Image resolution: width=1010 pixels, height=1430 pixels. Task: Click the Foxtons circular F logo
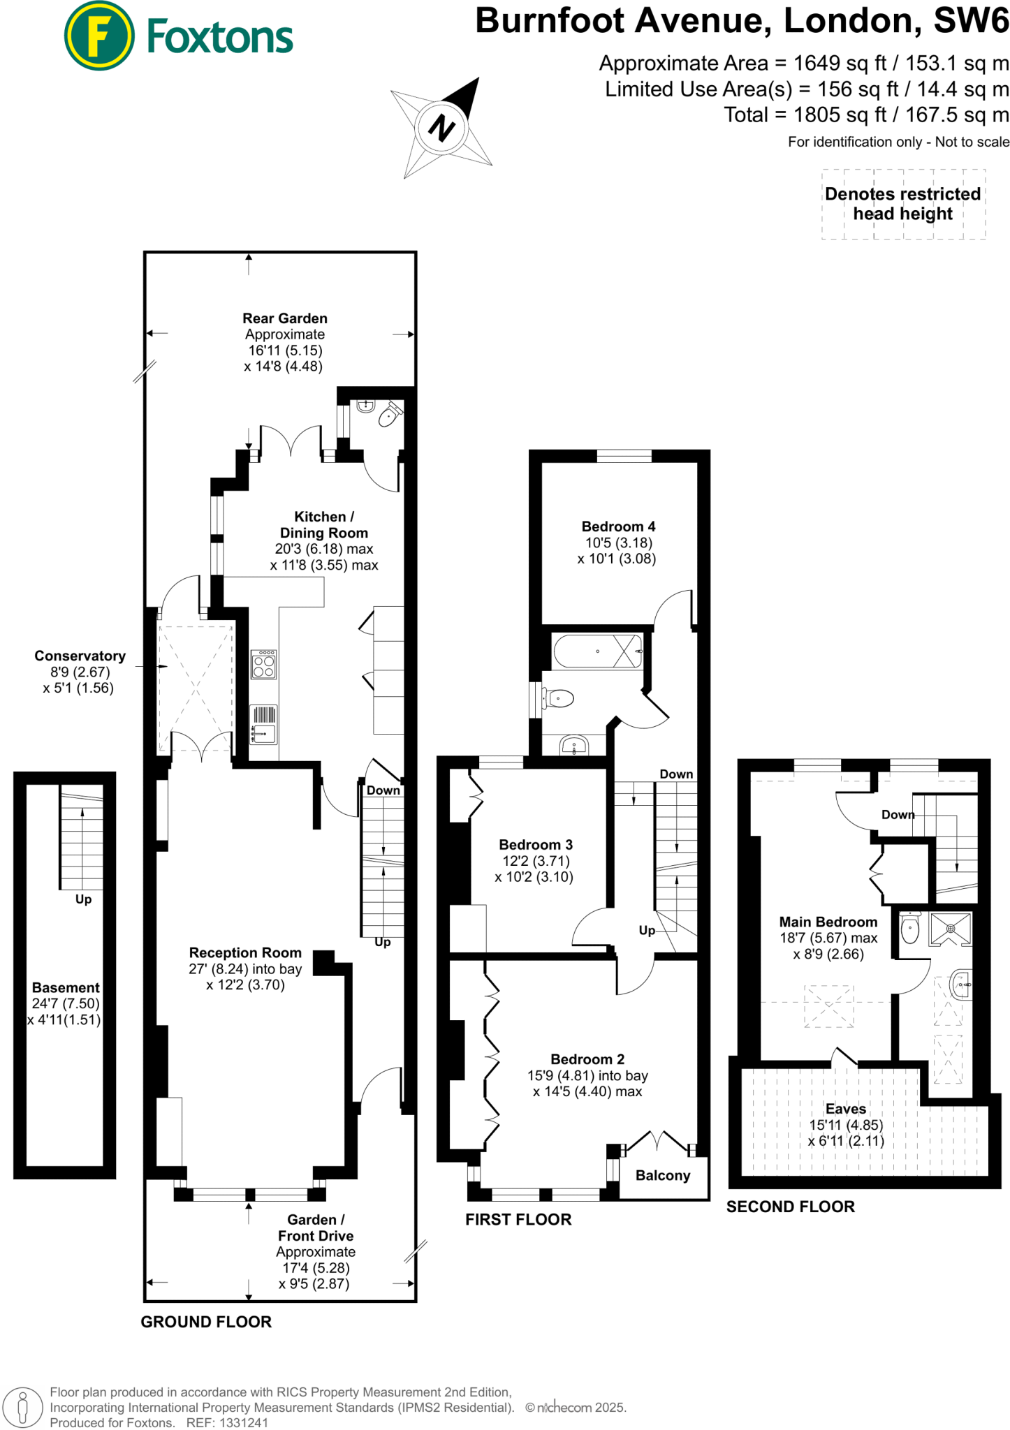pyautogui.click(x=98, y=36)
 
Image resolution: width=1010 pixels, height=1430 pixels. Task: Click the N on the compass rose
pyautogui.click(x=441, y=128)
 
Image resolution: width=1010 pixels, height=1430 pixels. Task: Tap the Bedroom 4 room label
pyautogui.click(x=618, y=526)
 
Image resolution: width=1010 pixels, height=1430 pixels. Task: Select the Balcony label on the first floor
pyautogui.click(x=663, y=1176)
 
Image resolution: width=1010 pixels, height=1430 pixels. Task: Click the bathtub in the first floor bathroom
pyautogui.click(x=597, y=651)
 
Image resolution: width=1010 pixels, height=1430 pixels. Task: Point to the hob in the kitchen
pyautogui.click(x=264, y=664)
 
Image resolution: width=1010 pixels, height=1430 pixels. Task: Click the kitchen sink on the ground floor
pyautogui.click(x=264, y=732)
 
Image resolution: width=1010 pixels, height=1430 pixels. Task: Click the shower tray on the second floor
pyautogui.click(x=951, y=929)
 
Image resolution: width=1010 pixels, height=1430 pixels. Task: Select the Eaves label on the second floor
pyautogui.click(x=846, y=1109)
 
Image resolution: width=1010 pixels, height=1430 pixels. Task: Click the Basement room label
pyautogui.click(x=66, y=987)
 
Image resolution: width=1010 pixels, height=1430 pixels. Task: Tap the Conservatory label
pyautogui.click(x=80, y=656)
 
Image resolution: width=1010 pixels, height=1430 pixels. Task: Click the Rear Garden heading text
pyautogui.click(x=285, y=318)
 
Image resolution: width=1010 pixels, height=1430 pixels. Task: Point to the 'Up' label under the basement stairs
pyautogui.click(x=83, y=899)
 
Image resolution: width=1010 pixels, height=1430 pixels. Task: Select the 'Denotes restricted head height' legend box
pyautogui.click(x=903, y=205)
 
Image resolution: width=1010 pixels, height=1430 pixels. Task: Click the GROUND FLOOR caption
pyautogui.click(x=206, y=1322)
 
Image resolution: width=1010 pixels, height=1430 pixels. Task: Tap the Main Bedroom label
pyautogui.click(x=828, y=922)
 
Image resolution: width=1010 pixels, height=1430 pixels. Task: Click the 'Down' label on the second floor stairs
pyautogui.click(x=898, y=815)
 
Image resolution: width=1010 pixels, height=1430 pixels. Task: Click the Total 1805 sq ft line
pyautogui.click(x=866, y=115)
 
